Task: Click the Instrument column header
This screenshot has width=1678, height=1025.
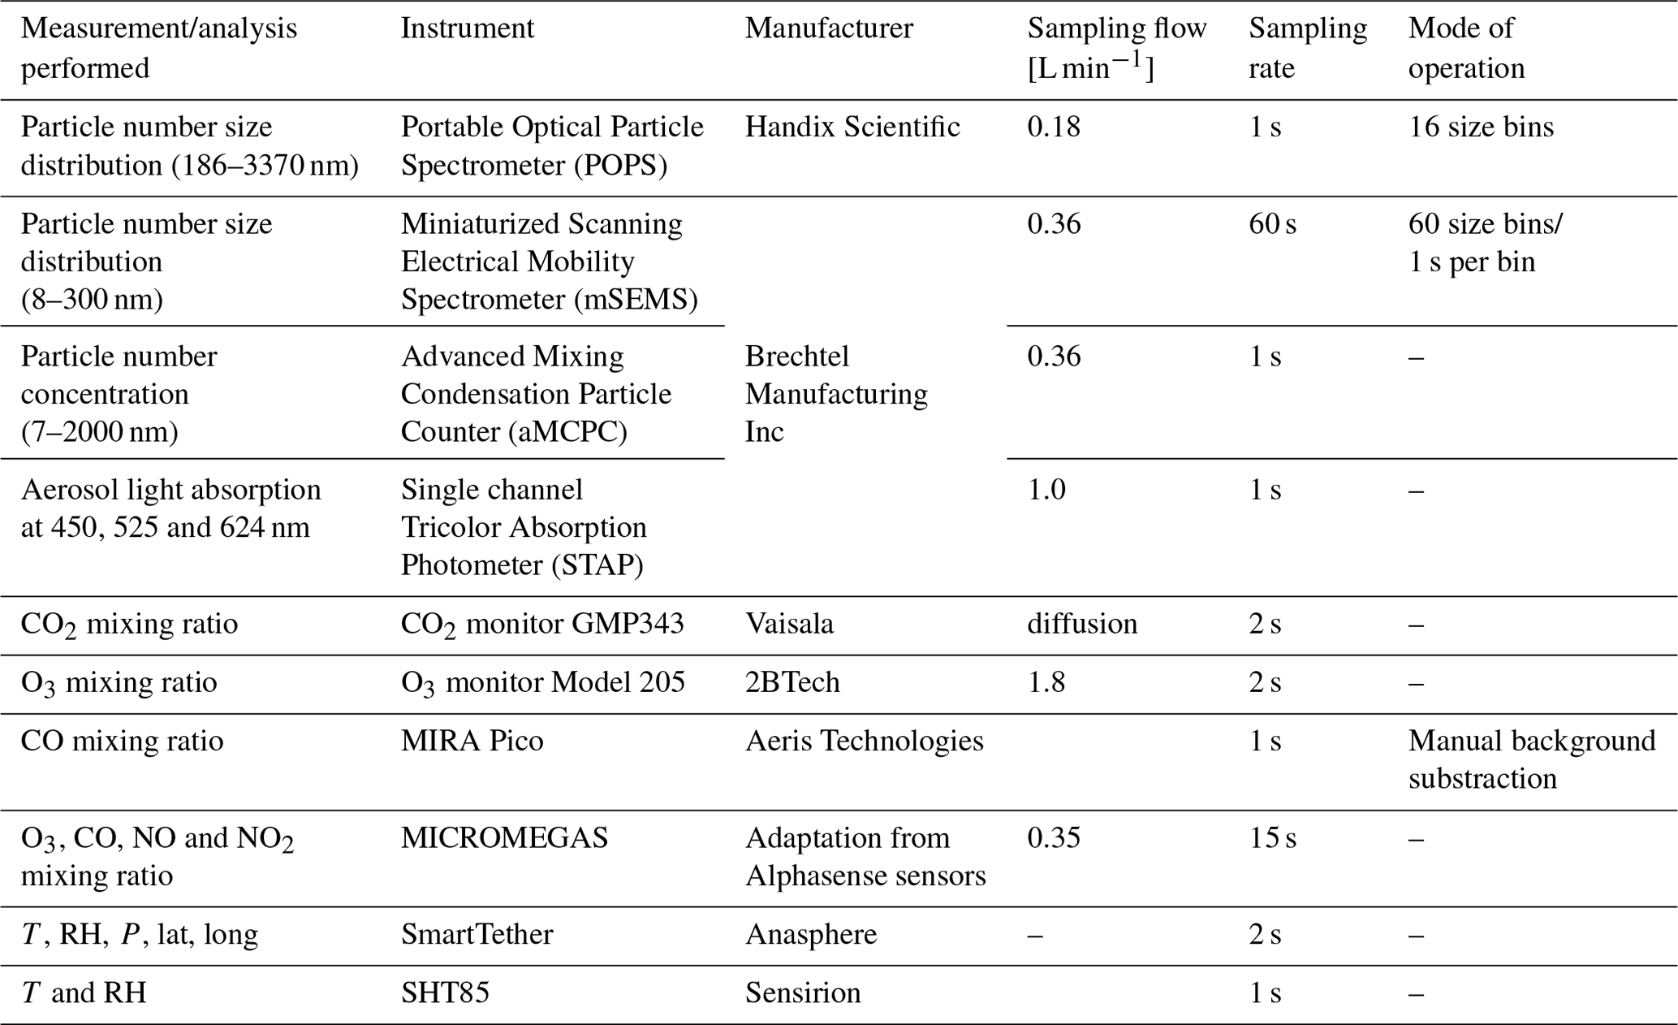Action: pos(468,28)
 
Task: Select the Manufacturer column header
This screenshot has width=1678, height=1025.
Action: pos(829,28)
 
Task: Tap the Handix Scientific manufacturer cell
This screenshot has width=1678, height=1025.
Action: pos(852,127)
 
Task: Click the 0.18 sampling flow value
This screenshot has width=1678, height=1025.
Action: pos(1054,127)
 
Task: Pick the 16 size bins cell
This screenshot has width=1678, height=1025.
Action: pos(1481,127)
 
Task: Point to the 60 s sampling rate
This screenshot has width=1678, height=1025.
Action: pos(1272,223)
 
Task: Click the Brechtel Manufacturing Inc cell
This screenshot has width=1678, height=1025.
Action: pos(836,394)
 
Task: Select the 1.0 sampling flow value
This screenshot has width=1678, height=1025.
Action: pos(1046,490)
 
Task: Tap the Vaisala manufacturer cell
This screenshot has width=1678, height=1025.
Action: pos(789,624)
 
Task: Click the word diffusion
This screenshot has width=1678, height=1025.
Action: pos(1082,624)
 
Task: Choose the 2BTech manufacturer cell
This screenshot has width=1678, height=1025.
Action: pos(792,682)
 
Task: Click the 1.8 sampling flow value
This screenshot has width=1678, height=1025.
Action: pos(1046,682)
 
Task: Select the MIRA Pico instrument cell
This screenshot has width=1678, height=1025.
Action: pos(472,741)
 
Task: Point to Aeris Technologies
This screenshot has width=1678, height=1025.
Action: pos(864,741)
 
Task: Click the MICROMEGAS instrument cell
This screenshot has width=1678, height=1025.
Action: pos(504,837)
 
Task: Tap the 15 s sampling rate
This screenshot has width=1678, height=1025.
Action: pos(1272,837)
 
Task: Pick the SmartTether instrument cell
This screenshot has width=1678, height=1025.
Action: pos(477,934)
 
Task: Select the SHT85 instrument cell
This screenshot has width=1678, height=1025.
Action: pos(445,993)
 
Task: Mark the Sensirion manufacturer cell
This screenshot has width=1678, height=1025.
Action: pos(803,993)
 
